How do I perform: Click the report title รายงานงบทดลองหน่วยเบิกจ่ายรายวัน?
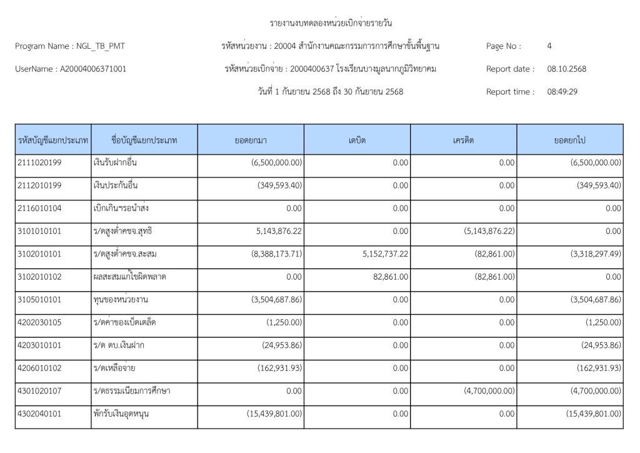(x=331, y=24)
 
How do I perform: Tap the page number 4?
(x=549, y=46)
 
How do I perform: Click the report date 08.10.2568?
(x=567, y=69)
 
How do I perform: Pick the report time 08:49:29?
(x=562, y=92)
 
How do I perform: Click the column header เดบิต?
(x=357, y=140)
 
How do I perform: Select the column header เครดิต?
(x=464, y=140)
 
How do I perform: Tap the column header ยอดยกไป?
(x=569, y=140)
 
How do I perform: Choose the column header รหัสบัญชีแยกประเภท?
(x=52, y=140)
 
